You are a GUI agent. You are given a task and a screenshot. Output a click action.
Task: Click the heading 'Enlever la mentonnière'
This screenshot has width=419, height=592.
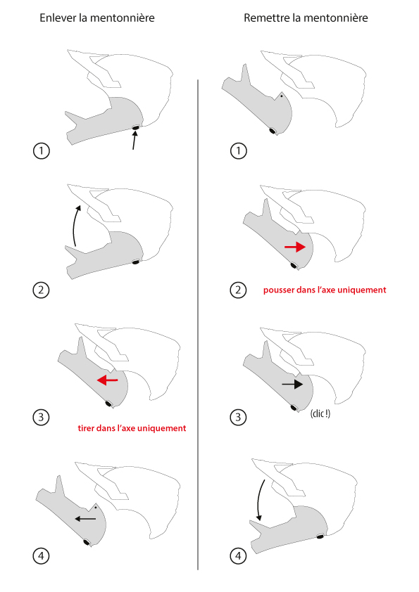tap(97, 18)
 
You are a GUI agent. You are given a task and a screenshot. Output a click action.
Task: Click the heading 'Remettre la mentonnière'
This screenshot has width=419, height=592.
tap(306, 18)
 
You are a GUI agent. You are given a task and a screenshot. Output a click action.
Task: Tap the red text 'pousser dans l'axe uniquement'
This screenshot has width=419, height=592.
tap(325, 290)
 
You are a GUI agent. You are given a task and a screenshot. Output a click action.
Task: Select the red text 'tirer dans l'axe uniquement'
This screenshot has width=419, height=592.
tap(132, 428)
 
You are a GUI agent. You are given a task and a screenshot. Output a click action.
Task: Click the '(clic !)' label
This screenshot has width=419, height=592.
tap(320, 413)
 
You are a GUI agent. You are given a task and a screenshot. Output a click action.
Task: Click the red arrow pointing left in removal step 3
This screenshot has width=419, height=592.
tap(108, 380)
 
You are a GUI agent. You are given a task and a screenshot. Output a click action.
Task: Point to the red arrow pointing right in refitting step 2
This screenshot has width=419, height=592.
tap(295, 247)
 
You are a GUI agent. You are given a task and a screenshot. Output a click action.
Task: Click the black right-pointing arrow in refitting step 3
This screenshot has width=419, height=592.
tap(292, 385)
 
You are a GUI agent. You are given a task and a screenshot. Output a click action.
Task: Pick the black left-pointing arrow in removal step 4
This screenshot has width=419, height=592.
tap(85, 519)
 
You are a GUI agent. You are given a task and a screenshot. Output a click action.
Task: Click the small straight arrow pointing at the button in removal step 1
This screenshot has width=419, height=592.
tap(135, 141)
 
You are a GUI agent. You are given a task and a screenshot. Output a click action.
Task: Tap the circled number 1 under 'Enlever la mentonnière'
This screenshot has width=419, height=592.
tap(42, 151)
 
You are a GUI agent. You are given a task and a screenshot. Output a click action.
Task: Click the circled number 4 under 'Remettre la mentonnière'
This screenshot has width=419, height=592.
tap(238, 555)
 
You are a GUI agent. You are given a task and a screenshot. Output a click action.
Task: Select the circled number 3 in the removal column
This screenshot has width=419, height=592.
tap(42, 417)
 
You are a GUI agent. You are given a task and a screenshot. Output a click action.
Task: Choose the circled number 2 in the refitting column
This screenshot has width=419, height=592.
tap(238, 290)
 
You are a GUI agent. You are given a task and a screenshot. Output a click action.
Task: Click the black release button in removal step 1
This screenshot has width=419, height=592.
tap(135, 129)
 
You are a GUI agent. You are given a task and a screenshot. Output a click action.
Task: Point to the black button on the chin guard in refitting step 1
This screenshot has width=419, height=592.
tap(272, 131)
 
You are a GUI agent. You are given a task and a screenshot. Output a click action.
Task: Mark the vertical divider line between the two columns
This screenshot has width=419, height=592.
tap(198, 325)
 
